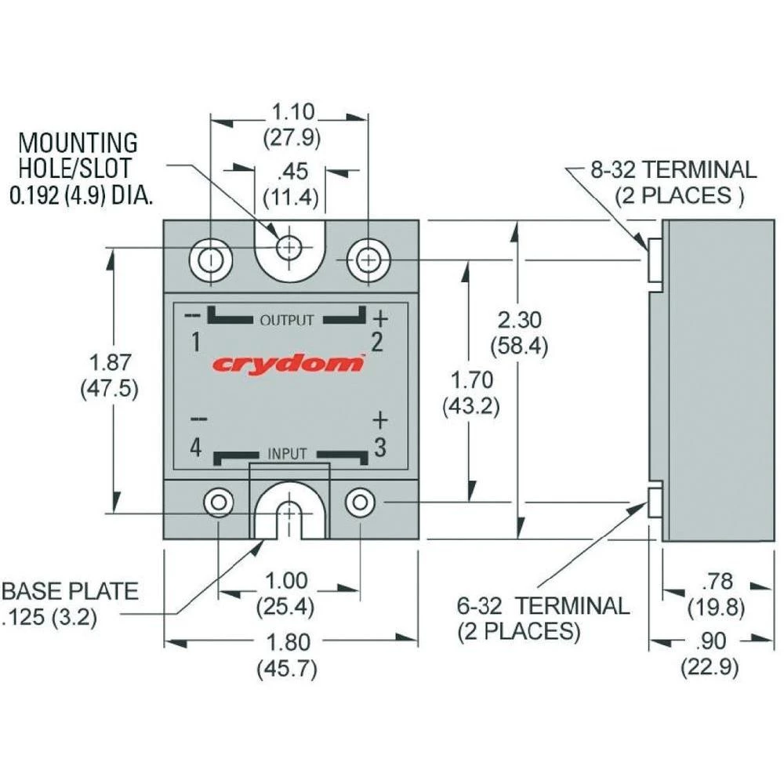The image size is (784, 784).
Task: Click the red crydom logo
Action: (x=289, y=364)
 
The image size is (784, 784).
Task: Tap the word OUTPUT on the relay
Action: (x=287, y=320)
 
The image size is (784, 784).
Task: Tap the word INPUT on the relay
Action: (x=288, y=454)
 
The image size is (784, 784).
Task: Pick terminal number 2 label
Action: (x=377, y=343)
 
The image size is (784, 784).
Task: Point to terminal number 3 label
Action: (x=379, y=448)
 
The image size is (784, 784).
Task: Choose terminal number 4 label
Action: (x=195, y=448)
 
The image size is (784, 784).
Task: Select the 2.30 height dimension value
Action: (x=518, y=320)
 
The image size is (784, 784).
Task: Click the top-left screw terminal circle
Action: (x=211, y=260)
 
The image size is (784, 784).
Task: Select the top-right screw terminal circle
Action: (x=365, y=260)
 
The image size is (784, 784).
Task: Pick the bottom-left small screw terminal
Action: (x=219, y=502)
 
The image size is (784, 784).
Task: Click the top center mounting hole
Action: (x=289, y=248)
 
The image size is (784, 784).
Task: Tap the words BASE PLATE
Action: (x=70, y=592)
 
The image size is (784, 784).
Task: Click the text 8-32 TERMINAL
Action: (x=673, y=169)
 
